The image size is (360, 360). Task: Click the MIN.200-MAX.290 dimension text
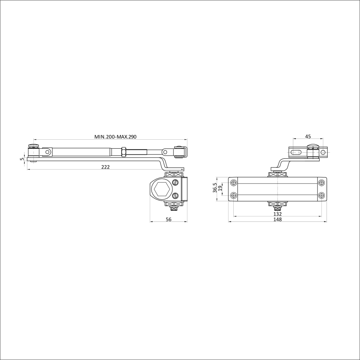pos(115,137)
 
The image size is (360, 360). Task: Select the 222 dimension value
pos(105,167)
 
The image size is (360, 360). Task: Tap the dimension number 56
pos(168,219)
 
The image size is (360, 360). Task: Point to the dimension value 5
pos(22,159)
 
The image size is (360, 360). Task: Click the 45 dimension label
pos(308,136)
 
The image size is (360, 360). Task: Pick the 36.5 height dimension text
pos(215,188)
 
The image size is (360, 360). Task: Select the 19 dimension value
pos(220,189)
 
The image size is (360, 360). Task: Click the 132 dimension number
pos(278,214)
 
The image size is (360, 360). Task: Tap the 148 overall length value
pos(278,219)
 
